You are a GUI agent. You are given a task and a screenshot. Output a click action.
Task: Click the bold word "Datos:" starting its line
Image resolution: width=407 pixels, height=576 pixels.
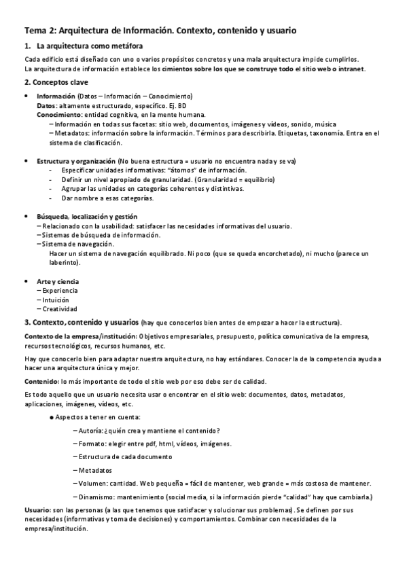pos(48,106)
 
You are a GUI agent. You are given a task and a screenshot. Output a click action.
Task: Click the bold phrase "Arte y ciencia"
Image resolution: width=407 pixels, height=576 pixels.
pos(57,281)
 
